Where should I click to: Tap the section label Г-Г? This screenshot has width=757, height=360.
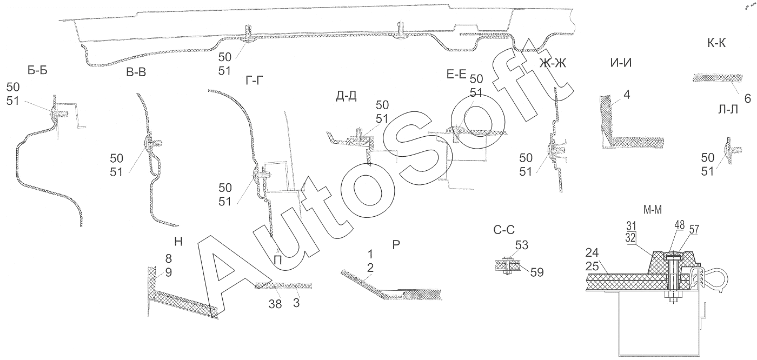257,81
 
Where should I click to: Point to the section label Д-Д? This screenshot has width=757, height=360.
346,96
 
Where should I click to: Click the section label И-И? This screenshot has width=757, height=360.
621,62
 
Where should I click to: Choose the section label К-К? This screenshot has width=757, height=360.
716,44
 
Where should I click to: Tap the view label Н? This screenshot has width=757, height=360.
178,243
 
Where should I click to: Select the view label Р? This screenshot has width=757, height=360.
396,245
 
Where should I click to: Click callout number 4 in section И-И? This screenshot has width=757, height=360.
627,95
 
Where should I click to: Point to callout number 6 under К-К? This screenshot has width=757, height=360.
747,98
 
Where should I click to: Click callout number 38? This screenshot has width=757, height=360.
275,304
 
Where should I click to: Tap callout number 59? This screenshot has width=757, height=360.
536,272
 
